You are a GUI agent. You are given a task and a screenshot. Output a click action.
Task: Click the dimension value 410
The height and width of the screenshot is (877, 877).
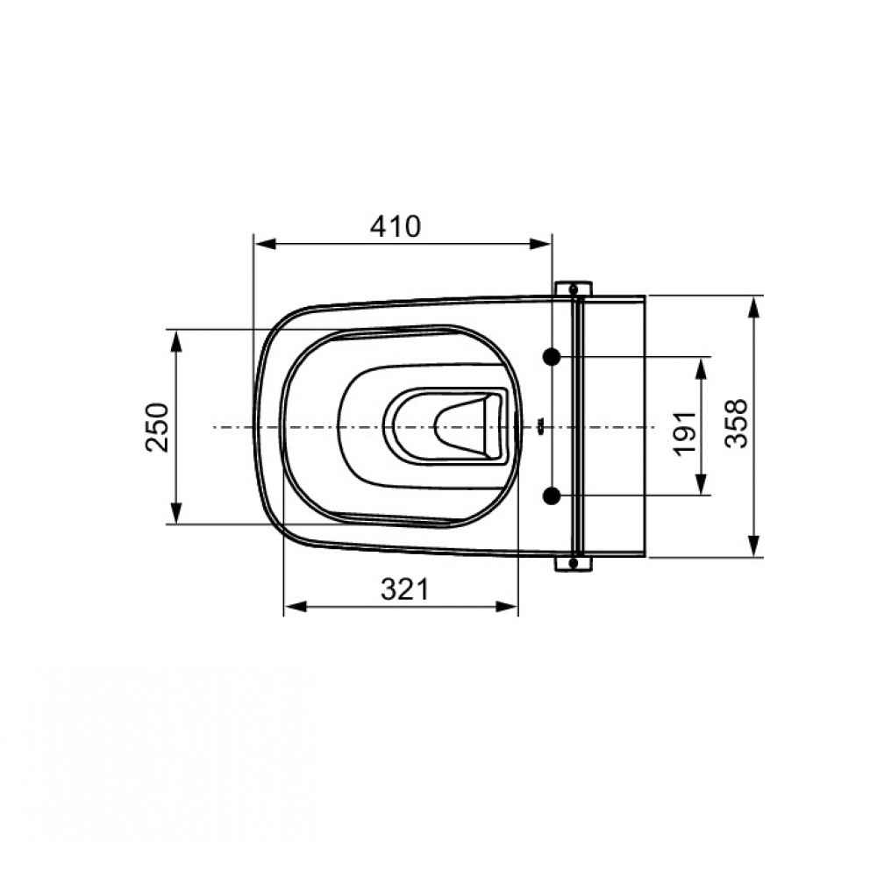tap(395, 226)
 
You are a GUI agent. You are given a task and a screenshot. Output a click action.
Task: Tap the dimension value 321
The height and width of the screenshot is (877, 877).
tap(405, 589)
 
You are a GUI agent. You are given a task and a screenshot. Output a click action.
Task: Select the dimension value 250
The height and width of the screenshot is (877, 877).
tap(157, 427)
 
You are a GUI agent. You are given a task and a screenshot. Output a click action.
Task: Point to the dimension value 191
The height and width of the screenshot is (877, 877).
tap(685, 433)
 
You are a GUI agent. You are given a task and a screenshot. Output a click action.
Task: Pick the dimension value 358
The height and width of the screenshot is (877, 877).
tap(736, 424)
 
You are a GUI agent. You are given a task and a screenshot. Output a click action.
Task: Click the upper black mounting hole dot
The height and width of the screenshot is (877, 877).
tap(552, 356)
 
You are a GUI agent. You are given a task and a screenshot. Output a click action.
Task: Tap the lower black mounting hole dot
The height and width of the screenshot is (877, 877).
tap(552, 496)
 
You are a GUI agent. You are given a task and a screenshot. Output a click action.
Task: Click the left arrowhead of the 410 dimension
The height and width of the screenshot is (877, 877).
tap(266, 244)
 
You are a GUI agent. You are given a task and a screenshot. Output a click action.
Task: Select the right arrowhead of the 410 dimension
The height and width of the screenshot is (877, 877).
tap(539, 244)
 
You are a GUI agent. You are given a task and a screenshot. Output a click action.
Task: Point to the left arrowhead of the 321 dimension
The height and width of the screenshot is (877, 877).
tap(296, 606)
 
